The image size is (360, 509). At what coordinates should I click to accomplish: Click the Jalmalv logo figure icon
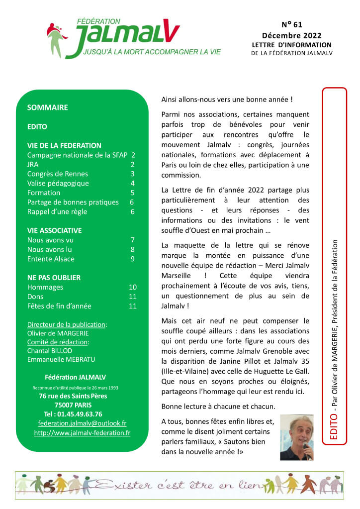click(x=56, y=39)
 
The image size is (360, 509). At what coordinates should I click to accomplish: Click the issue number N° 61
click(x=291, y=24)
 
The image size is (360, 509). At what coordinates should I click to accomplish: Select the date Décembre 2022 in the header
click(x=291, y=35)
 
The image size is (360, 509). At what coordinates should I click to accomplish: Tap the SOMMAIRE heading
click(x=47, y=107)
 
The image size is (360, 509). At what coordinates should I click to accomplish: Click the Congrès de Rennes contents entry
click(x=58, y=174)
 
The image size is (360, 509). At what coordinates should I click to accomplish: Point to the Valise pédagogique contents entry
click(x=58, y=183)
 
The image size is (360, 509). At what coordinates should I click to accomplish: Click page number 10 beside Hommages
click(x=132, y=287)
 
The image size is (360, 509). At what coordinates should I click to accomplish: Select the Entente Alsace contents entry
click(x=51, y=259)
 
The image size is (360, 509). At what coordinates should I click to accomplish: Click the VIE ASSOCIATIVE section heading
click(x=55, y=230)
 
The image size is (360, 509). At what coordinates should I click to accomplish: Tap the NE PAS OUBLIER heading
click(x=54, y=278)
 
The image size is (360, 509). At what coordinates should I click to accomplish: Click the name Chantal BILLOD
click(x=49, y=351)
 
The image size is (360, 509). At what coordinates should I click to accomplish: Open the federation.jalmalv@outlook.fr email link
click(x=82, y=423)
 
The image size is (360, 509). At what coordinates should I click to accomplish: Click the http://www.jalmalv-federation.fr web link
click(x=82, y=433)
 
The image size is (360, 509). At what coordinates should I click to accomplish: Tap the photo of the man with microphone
click(x=297, y=437)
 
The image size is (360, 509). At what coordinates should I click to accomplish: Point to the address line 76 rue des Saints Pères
click(x=73, y=396)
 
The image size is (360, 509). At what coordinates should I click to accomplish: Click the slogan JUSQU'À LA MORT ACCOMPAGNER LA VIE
click(x=152, y=52)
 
